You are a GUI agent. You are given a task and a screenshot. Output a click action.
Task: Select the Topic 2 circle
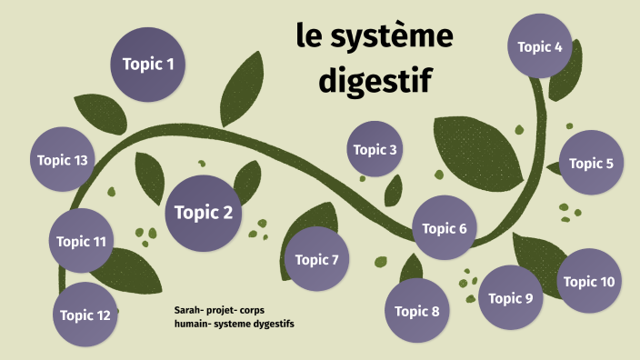[x=204, y=214]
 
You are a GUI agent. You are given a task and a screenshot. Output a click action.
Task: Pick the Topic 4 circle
[x=540, y=46]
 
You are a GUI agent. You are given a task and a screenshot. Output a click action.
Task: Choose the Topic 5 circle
[x=591, y=163]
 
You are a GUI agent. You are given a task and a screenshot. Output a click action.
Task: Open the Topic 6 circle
[x=445, y=228]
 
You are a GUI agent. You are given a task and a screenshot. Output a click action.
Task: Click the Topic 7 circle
[x=316, y=260]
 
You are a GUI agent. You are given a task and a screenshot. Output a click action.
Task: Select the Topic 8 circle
[x=417, y=311]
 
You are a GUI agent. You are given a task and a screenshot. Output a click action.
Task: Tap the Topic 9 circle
[x=511, y=298]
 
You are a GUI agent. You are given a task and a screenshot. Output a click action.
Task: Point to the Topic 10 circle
[x=589, y=281]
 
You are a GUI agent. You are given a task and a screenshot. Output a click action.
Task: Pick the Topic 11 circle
[x=81, y=241]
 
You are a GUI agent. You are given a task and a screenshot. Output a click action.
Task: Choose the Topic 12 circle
[x=85, y=315]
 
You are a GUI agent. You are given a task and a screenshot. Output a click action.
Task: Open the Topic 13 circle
[x=63, y=160]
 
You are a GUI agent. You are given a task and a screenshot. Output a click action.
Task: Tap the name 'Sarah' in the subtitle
[x=188, y=310]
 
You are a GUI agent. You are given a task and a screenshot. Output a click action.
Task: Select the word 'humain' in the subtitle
[x=191, y=324]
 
